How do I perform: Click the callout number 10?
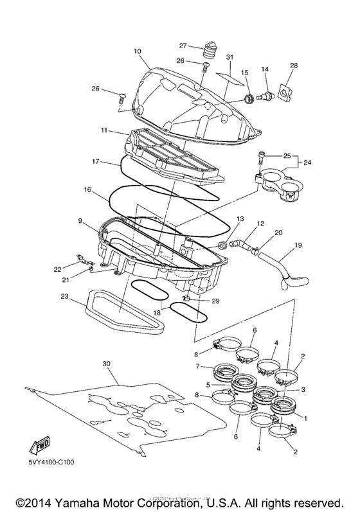pos(137,50)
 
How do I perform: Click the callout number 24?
pos(307,163)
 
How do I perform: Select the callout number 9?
pos(80,221)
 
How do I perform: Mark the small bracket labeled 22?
pos(82,260)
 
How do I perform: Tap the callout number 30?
pos(107,363)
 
